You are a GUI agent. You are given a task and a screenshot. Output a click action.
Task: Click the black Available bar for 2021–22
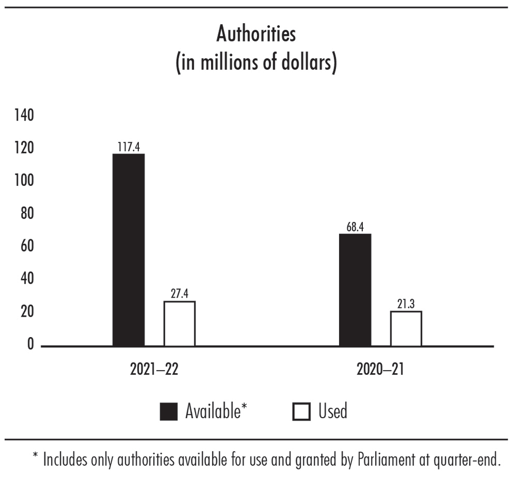click(129, 250)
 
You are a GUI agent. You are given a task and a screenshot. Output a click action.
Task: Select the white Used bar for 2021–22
click(179, 323)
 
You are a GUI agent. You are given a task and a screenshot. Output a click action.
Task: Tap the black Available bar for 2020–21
click(355, 290)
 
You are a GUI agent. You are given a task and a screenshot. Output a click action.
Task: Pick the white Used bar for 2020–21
click(406, 328)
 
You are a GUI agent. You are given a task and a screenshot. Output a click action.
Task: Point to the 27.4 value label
click(179, 294)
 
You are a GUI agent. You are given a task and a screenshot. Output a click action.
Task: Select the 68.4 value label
click(355, 227)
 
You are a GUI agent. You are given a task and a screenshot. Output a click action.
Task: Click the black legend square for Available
click(168, 412)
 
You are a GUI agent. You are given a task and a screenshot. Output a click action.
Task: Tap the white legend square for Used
click(301, 412)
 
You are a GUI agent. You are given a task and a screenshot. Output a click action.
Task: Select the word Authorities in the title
click(256, 34)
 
